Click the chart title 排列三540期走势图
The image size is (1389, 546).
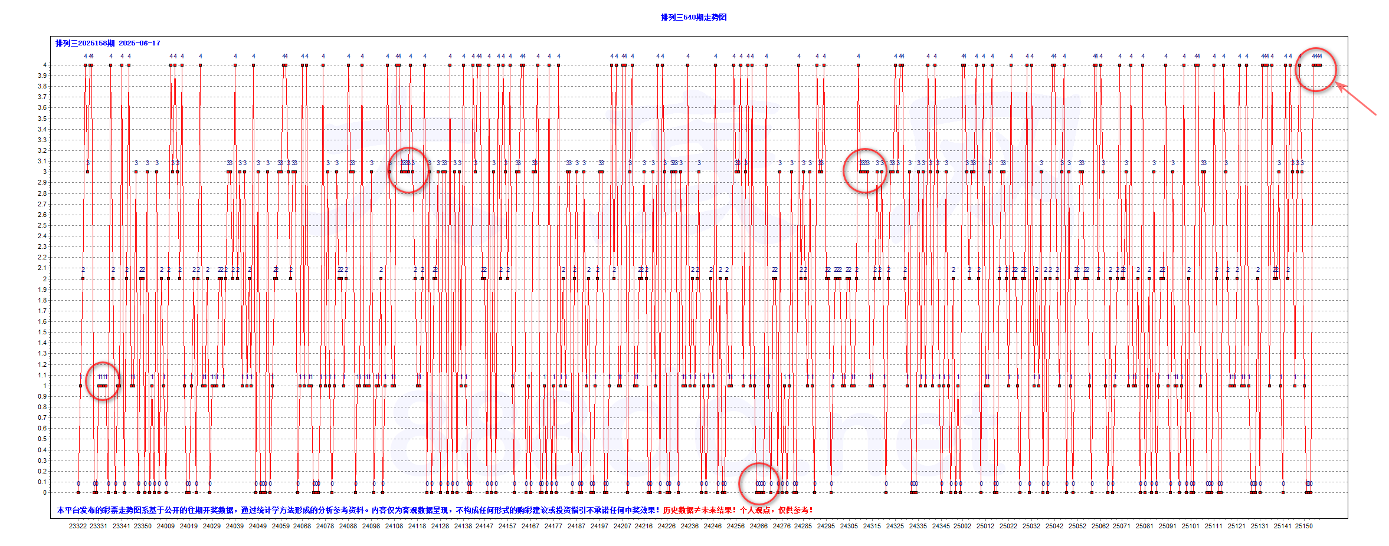[x=693, y=17]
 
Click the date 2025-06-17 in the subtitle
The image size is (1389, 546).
[x=139, y=43]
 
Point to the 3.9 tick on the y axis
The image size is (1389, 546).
[x=42, y=75]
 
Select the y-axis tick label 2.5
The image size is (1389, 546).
[x=42, y=225]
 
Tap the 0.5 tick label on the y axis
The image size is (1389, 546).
[x=42, y=439]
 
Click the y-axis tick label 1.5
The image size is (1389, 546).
[x=42, y=332]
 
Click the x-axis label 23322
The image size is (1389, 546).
[x=78, y=526]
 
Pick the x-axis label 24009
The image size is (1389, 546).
[x=166, y=526]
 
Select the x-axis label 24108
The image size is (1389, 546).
[x=394, y=526]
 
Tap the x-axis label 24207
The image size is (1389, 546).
[x=622, y=526]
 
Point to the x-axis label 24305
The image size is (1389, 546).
[x=849, y=526]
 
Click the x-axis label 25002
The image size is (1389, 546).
[x=962, y=526]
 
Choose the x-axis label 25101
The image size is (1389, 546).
[x=1191, y=526]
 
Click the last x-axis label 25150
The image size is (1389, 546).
[x=1304, y=526]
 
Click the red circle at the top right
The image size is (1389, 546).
[x=1316, y=70]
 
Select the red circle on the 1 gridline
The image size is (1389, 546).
[x=103, y=381]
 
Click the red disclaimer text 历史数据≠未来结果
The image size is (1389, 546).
[x=699, y=510]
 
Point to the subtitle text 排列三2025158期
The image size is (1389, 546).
[x=85, y=43]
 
